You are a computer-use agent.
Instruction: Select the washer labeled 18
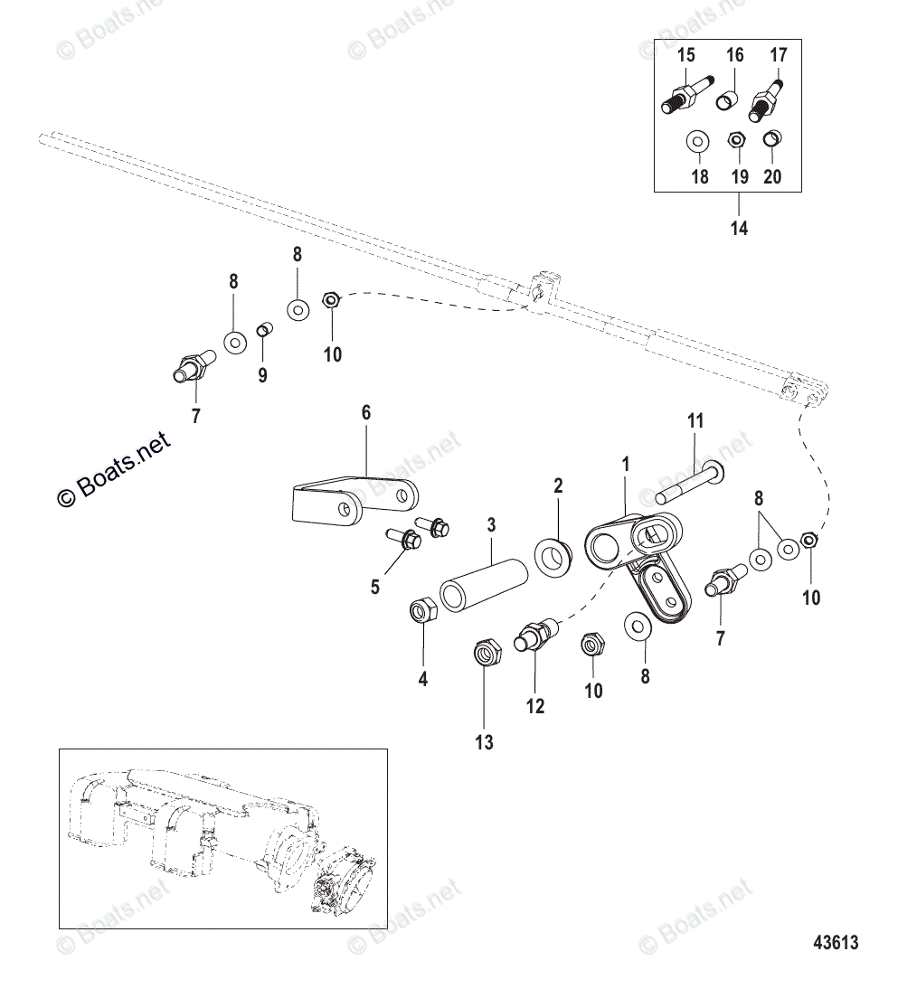(x=697, y=143)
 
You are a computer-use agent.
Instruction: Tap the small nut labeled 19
(x=736, y=140)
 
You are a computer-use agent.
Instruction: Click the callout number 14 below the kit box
(x=739, y=228)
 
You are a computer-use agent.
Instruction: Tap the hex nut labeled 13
(x=486, y=651)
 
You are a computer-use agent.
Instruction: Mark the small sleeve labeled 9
(x=263, y=329)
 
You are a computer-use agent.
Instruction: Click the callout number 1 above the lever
(x=625, y=464)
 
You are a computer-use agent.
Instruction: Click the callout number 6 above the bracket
(x=366, y=413)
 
